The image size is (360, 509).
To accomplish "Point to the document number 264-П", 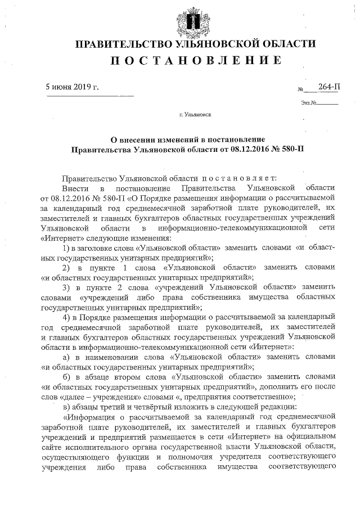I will tap(328, 86).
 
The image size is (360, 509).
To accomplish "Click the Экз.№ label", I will tap(309, 103).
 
